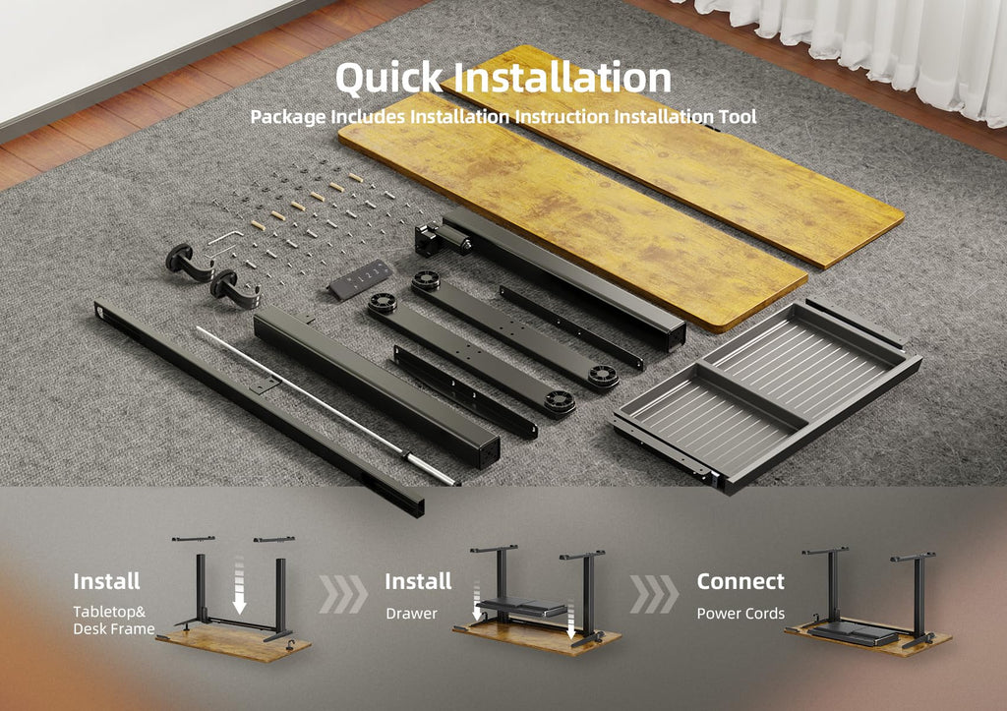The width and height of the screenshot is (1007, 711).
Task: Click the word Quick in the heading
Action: click(389, 78)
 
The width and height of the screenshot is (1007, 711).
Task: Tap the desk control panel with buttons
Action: click(360, 279)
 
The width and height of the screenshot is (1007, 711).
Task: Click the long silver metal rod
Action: click(327, 406)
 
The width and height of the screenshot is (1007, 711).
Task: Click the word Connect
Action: click(740, 581)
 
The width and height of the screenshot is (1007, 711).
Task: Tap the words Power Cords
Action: click(740, 614)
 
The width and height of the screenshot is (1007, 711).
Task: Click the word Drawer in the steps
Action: click(412, 614)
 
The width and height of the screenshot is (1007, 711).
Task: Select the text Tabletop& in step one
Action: click(109, 612)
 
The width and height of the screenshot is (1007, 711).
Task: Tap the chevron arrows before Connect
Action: click(654, 594)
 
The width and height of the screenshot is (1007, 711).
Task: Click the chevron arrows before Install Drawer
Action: click(343, 594)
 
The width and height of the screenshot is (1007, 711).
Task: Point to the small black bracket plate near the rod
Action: click(264, 386)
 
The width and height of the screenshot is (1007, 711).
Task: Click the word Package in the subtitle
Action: click(288, 118)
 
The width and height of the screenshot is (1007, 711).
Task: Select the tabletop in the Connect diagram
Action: click(868, 638)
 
